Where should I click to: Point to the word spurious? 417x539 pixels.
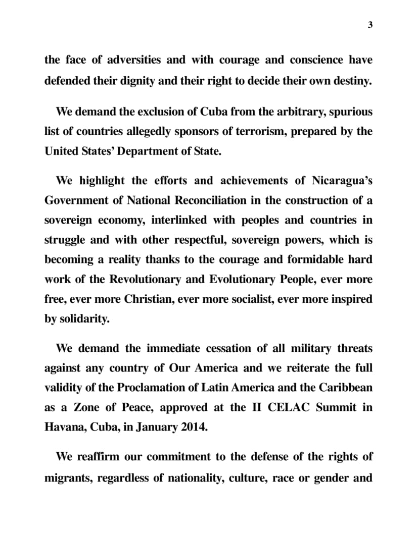[x=348, y=112]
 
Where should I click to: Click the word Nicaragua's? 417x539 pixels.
[x=342, y=181]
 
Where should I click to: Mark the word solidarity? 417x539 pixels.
[x=84, y=319]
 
